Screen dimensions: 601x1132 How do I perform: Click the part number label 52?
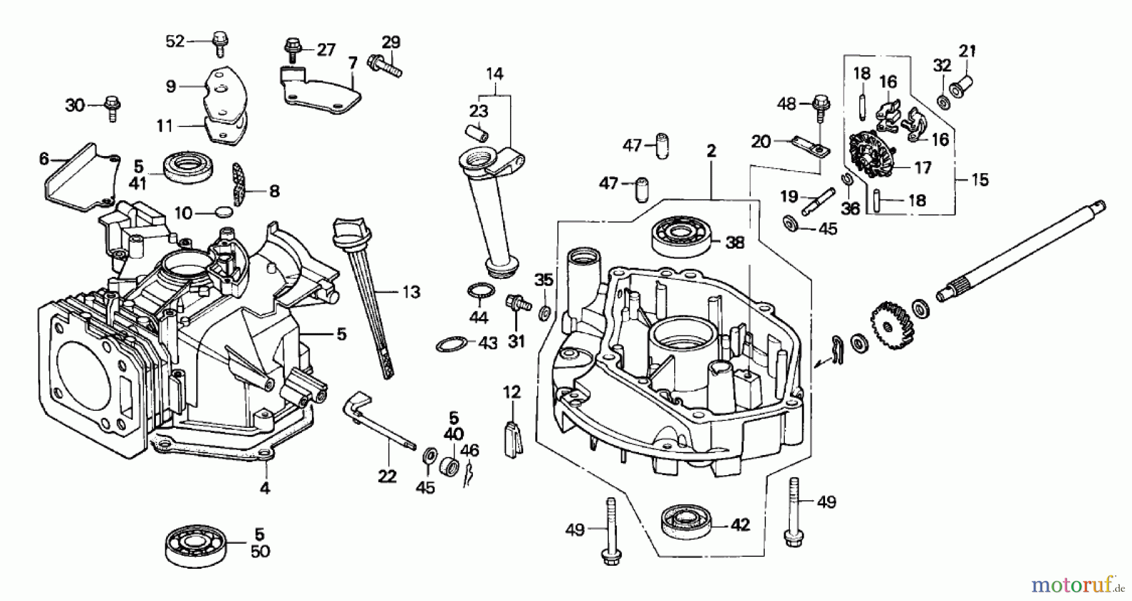[x=175, y=42]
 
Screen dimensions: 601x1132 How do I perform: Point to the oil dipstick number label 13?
[x=411, y=292]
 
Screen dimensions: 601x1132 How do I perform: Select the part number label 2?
[x=711, y=151]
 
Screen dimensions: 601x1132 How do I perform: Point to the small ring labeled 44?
[x=479, y=291]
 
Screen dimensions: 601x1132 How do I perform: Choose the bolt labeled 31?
[x=515, y=303]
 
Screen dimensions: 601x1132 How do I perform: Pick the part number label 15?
[x=979, y=180]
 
